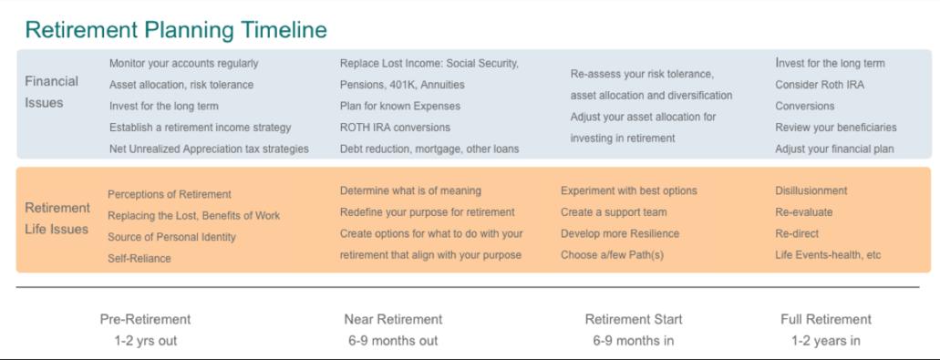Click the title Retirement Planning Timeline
point(176,30)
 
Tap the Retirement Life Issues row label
point(57,219)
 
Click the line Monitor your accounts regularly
point(183,64)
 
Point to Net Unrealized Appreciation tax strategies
point(209,149)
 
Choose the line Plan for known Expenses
point(400,106)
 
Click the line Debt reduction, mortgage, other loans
point(429,149)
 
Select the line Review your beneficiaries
point(836,128)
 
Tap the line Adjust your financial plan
point(834,149)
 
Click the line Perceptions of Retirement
point(169,195)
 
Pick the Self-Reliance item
point(139,259)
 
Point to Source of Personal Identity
point(171,237)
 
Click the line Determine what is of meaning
point(410,191)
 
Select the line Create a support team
point(614,212)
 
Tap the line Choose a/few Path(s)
point(612,255)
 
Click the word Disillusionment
point(811,191)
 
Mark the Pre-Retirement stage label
point(145,319)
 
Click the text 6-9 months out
point(393,341)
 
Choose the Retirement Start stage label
point(634,319)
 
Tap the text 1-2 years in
point(826,341)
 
